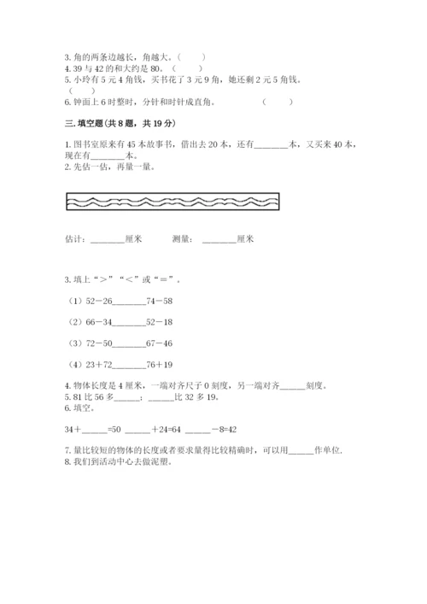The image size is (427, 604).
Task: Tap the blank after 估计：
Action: [107, 240]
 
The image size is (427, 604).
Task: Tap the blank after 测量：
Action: [219, 240]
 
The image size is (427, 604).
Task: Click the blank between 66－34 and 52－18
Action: [128, 322]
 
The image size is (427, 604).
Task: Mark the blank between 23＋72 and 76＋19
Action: [128, 365]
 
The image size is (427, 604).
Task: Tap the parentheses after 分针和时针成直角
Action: [278, 101]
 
